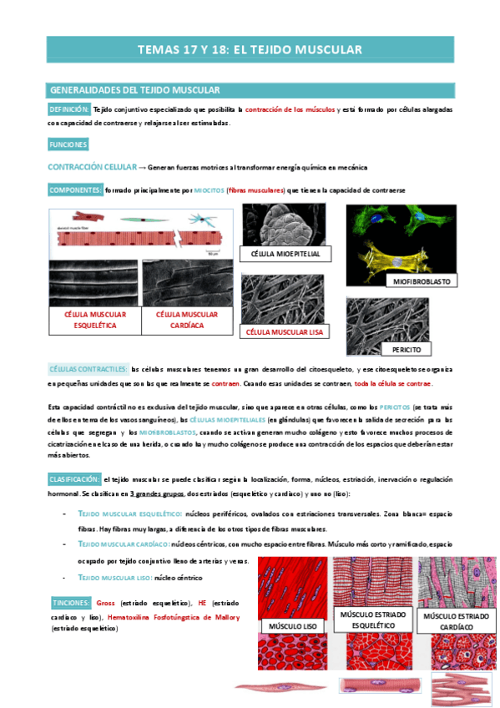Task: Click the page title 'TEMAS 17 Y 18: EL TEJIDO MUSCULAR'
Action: (x=250, y=50)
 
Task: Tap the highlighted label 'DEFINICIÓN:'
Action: (x=69, y=109)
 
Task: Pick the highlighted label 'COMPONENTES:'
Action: (x=75, y=190)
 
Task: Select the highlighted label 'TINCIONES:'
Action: (x=69, y=602)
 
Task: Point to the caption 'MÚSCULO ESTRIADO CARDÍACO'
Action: (x=455, y=621)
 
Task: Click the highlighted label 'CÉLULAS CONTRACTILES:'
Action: (x=87, y=369)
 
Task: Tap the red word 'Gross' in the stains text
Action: (x=105, y=602)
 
